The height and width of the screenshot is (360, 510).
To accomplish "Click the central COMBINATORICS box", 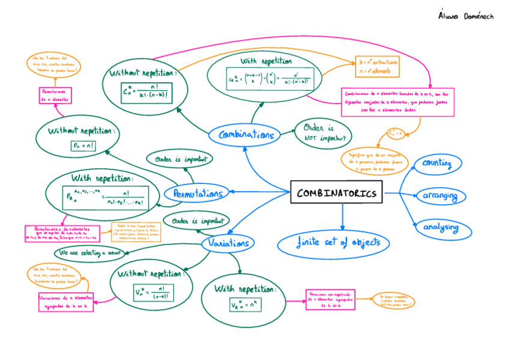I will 337,193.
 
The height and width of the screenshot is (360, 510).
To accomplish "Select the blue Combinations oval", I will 246,135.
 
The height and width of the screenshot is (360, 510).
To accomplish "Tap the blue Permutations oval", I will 197,194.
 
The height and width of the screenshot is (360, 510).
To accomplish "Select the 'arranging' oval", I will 440,196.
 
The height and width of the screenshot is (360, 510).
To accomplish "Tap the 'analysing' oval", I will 440,228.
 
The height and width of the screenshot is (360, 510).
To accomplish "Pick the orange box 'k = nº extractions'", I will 377,66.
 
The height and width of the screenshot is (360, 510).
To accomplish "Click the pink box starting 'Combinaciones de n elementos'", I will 397,102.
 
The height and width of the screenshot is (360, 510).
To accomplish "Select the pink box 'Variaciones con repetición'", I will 330,299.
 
